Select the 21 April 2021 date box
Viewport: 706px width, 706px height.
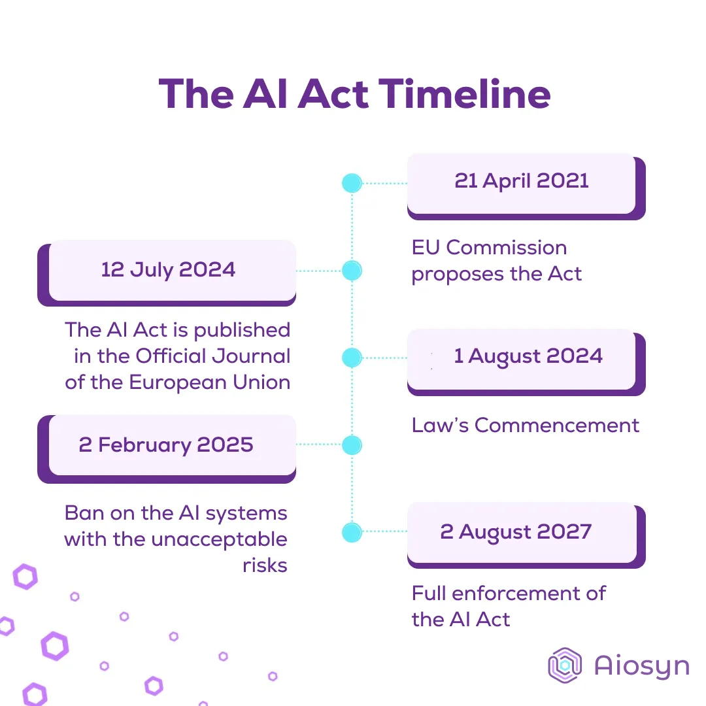pyautogui.click(x=526, y=186)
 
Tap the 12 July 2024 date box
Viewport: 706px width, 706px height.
pyautogui.click(x=167, y=273)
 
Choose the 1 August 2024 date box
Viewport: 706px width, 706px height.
pyautogui.click(x=526, y=362)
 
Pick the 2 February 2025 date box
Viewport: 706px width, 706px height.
pyautogui.click(x=167, y=449)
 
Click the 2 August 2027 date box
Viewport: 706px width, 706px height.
pyautogui.click(x=526, y=535)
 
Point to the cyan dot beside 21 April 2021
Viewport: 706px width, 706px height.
pyautogui.click(x=352, y=183)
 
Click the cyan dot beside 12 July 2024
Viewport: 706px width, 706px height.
pyautogui.click(x=352, y=271)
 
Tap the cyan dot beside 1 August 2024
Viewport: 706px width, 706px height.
pyautogui.click(x=352, y=358)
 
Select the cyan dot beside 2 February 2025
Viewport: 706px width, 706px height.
pyautogui.click(x=352, y=445)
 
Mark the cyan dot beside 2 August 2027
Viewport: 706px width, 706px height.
pyautogui.click(x=352, y=532)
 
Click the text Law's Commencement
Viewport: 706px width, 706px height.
pyautogui.click(x=526, y=426)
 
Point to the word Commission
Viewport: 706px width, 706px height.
pyautogui.click(x=507, y=248)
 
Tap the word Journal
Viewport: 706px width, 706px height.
pyautogui.click(x=251, y=356)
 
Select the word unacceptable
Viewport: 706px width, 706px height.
pyautogui.click(x=219, y=540)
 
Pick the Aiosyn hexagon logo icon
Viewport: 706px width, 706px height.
pyautogui.click(x=565, y=665)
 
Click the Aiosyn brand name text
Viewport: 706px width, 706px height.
pyautogui.click(x=642, y=666)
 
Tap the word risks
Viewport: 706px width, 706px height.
pyautogui.click(x=265, y=565)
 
